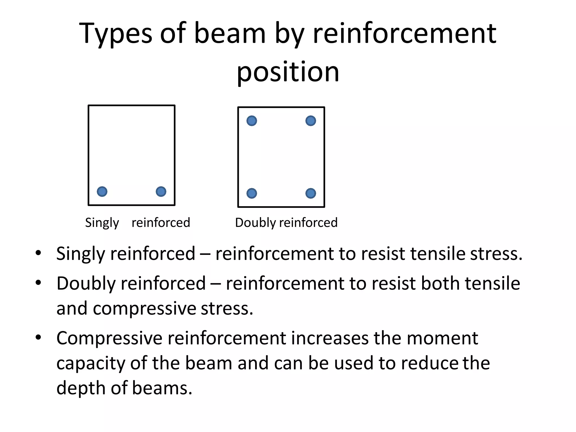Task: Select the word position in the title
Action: point(288,72)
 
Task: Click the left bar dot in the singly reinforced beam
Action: point(102,192)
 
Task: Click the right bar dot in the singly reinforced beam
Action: point(161,192)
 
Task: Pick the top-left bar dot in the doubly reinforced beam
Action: point(252,121)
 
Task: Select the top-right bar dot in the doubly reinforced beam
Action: point(310,121)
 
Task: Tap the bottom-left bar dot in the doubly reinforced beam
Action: point(252,193)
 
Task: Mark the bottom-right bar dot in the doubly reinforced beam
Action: point(310,193)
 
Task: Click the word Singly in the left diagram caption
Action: point(102,223)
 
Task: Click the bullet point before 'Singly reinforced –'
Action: point(39,253)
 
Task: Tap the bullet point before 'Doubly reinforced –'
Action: point(39,282)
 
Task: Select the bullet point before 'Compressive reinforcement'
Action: point(39,337)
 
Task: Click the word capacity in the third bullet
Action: point(91,364)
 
